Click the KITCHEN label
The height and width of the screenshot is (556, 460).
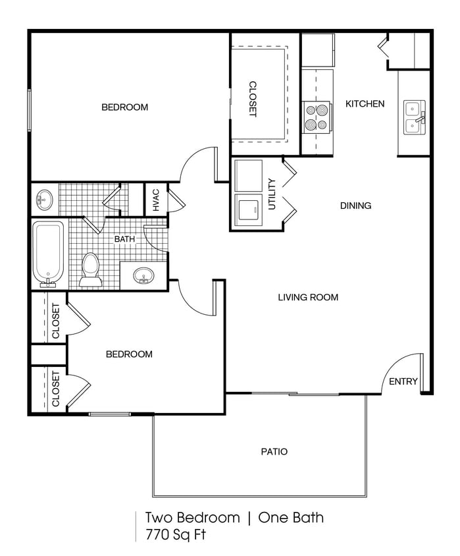365,103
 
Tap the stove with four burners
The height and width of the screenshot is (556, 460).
317,117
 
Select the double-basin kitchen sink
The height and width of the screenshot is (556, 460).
415,117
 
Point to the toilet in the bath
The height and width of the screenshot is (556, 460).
89,270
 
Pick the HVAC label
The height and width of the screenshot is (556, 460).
156,200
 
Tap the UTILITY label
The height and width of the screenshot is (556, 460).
272,194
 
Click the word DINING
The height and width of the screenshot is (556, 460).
355,206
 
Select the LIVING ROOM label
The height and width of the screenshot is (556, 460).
307,297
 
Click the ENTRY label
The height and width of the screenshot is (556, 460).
403,381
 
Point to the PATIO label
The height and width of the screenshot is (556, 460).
274,452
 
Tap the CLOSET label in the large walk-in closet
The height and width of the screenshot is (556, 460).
253,99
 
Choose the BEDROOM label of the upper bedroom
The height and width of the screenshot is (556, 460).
124,107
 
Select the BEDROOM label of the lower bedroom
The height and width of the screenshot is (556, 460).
129,354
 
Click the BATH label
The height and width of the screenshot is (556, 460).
124,238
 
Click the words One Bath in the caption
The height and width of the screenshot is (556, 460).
291,518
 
